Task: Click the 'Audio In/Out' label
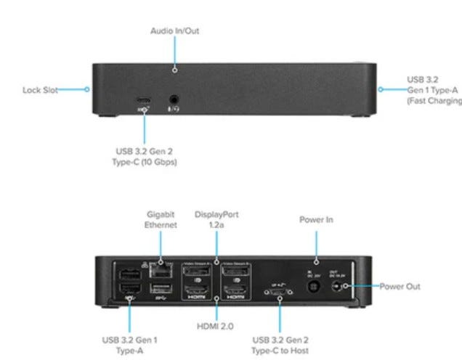pos(174,31)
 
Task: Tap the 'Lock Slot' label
pos(36,91)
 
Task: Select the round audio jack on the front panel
pos(174,101)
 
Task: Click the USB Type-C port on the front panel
pos(145,100)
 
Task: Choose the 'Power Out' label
pos(400,287)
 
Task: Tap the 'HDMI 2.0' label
pos(216,324)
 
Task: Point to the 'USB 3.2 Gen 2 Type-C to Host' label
pos(281,344)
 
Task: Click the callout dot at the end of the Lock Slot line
pos(87,91)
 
